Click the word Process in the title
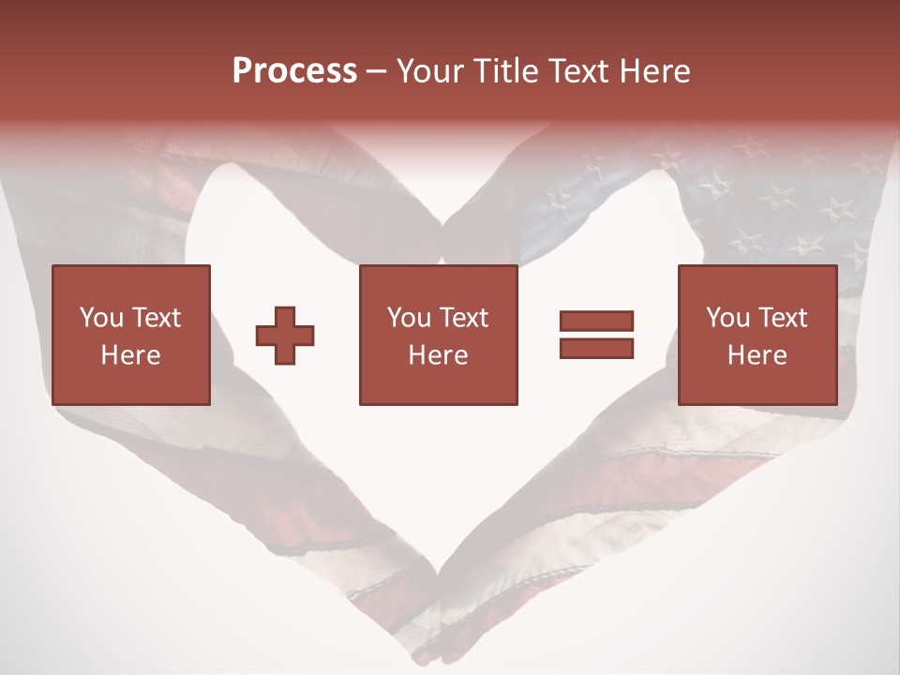click(294, 71)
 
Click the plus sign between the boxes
click(285, 335)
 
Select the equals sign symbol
click(596, 335)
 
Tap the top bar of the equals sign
click(596, 321)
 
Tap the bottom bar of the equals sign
click(596, 348)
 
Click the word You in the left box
click(101, 318)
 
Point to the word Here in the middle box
click(439, 355)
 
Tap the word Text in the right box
click(782, 318)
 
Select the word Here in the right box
click(757, 355)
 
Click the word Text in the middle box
click(463, 318)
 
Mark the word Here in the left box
click(131, 355)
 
